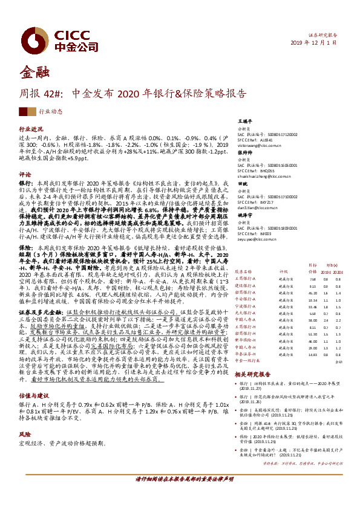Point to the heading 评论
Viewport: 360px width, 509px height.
pos(25,173)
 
